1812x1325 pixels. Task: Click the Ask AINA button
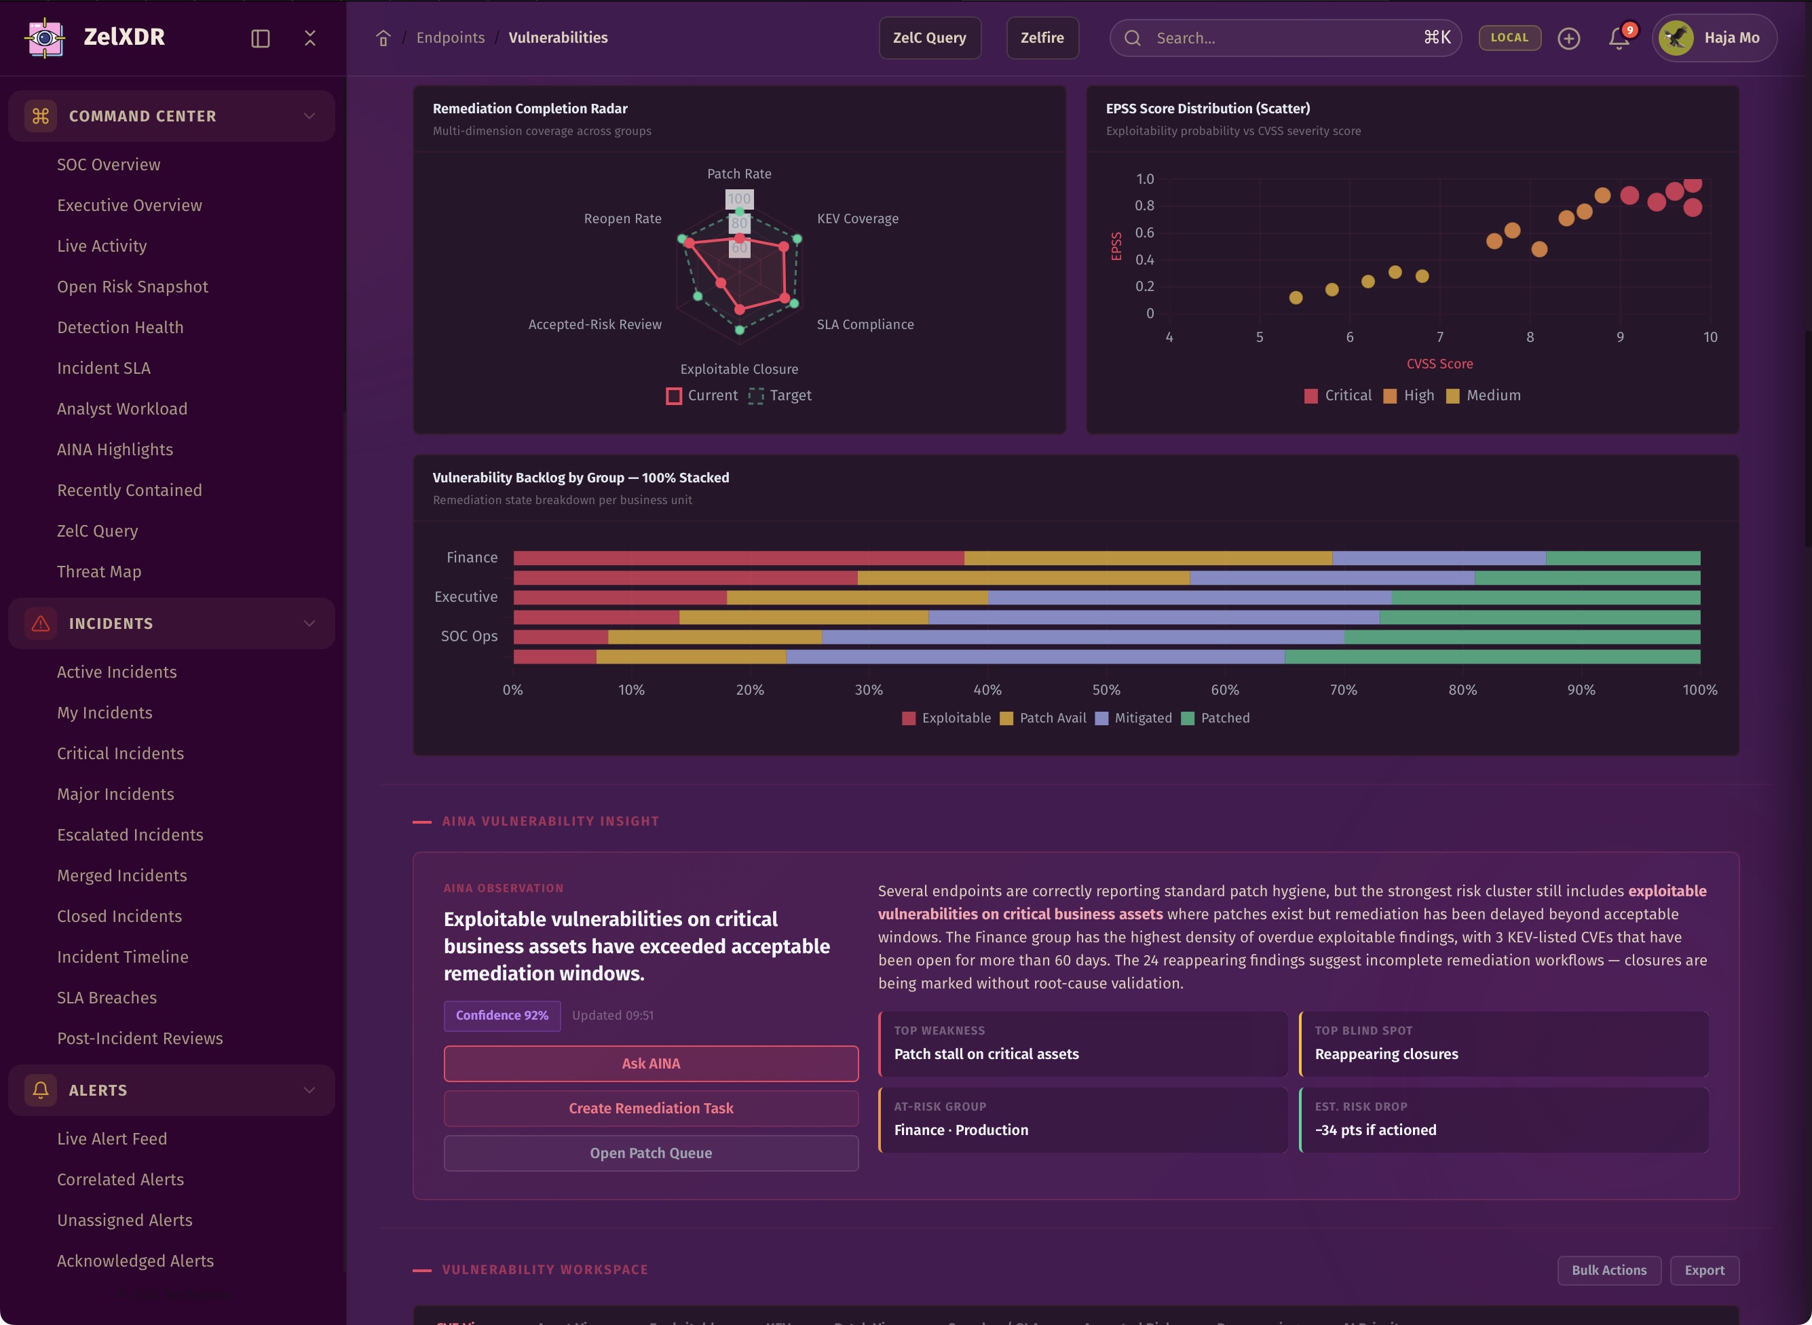pyautogui.click(x=651, y=1064)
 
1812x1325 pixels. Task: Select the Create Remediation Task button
pyautogui.click(x=651, y=1109)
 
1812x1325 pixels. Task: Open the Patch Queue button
pyautogui.click(x=651, y=1153)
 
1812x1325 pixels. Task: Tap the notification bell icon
pyautogui.click(x=1619, y=38)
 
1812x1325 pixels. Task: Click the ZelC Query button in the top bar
pyautogui.click(x=929, y=38)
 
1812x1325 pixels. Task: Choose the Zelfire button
pyautogui.click(x=1041, y=38)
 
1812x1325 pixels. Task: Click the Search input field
pyautogui.click(x=1283, y=38)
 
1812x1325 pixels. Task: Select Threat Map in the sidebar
pyautogui.click(x=98, y=572)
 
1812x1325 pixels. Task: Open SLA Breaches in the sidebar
pyautogui.click(x=107, y=998)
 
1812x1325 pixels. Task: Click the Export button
pyautogui.click(x=1703, y=1271)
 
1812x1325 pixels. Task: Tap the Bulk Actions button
pyautogui.click(x=1608, y=1271)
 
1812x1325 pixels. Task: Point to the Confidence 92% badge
pyautogui.click(x=502, y=1016)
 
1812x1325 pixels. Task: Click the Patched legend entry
pyautogui.click(x=1216, y=718)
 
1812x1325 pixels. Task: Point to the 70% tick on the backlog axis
pyautogui.click(x=1344, y=690)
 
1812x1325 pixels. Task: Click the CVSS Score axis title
pyautogui.click(x=1439, y=364)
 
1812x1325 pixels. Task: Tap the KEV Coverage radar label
pyautogui.click(x=857, y=219)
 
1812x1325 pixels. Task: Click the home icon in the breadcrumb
pyautogui.click(x=383, y=38)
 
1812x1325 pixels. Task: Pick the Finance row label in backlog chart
pyautogui.click(x=472, y=558)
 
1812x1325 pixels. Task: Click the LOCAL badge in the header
pyautogui.click(x=1509, y=38)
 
